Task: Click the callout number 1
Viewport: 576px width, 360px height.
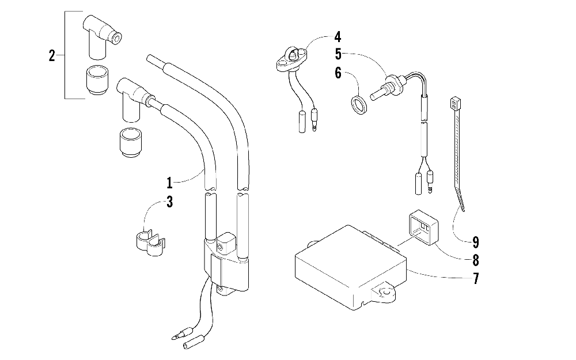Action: pyautogui.click(x=169, y=182)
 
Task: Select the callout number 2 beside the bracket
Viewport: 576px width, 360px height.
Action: pyautogui.click(x=52, y=56)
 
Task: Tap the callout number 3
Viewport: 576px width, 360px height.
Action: pyautogui.click(x=169, y=202)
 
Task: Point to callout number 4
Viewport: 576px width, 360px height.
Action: pyautogui.click(x=338, y=37)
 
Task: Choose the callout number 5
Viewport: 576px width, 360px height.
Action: pyautogui.click(x=338, y=54)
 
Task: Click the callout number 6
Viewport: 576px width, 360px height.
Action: pyautogui.click(x=338, y=73)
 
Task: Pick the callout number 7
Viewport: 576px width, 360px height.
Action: pyautogui.click(x=476, y=278)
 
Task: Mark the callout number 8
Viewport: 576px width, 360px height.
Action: pyautogui.click(x=476, y=260)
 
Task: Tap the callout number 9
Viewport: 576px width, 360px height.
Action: pyautogui.click(x=476, y=242)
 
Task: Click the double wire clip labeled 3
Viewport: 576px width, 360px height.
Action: pyautogui.click(x=149, y=242)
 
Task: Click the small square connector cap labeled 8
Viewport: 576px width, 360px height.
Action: pyautogui.click(x=423, y=228)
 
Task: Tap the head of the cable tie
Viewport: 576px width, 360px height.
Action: pyautogui.click(x=455, y=104)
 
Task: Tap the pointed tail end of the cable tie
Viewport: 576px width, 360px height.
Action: pyautogui.click(x=464, y=210)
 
